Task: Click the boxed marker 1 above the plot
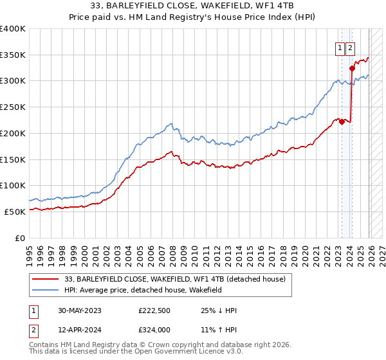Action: click(x=339, y=47)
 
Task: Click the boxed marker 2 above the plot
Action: click(x=350, y=47)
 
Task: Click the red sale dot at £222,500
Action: click(x=342, y=122)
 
